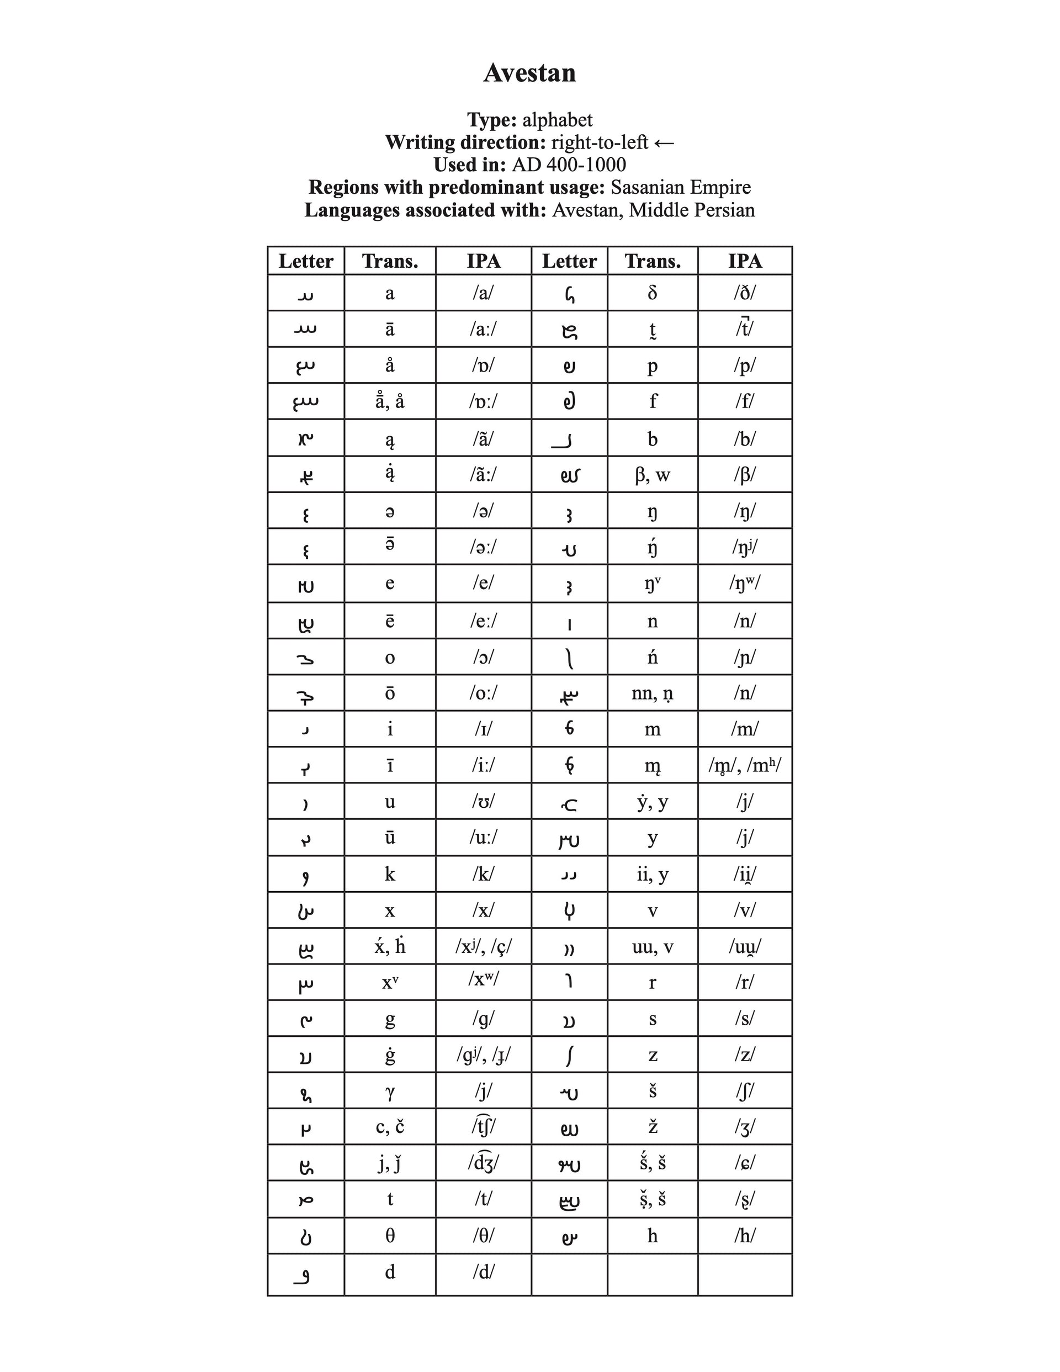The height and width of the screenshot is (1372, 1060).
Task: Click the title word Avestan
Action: click(x=529, y=73)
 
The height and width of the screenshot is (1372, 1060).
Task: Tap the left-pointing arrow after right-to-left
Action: click(x=664, y=143)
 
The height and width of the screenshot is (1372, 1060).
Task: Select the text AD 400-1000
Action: click(x=569, y=165)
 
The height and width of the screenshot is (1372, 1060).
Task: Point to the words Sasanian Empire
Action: click(x=681, y=187)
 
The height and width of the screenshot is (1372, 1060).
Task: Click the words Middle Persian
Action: click(x=692, y=210)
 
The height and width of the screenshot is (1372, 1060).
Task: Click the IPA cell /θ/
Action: click(x=483, y=1236)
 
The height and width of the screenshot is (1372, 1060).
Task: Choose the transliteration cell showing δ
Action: click(x=652, y=293)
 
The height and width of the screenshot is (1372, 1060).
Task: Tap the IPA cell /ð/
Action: click(x=745, y=293)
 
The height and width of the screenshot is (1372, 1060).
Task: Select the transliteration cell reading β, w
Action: click(x=652, y=474)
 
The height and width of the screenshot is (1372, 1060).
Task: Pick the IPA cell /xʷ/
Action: click(x=483, y=979)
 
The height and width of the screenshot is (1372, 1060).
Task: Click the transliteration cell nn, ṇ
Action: click(x=652, y=693)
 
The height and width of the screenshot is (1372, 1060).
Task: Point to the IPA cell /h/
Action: click(x=745, y=1236)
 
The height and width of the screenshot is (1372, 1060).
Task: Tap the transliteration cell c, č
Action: click(x=390, y=1127)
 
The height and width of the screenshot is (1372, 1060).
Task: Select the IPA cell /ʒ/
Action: click(x=745, y=1127)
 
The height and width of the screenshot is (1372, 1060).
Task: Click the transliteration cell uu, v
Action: click(x=652, y=947)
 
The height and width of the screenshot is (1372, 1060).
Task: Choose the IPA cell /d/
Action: click(x=483, y=1272)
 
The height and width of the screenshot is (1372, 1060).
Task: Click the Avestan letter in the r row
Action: click(x=569, y=982)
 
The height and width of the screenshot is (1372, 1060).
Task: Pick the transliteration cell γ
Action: click(x=390, y=1091)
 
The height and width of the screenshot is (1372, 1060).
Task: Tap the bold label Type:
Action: click(x=491, y=120)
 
